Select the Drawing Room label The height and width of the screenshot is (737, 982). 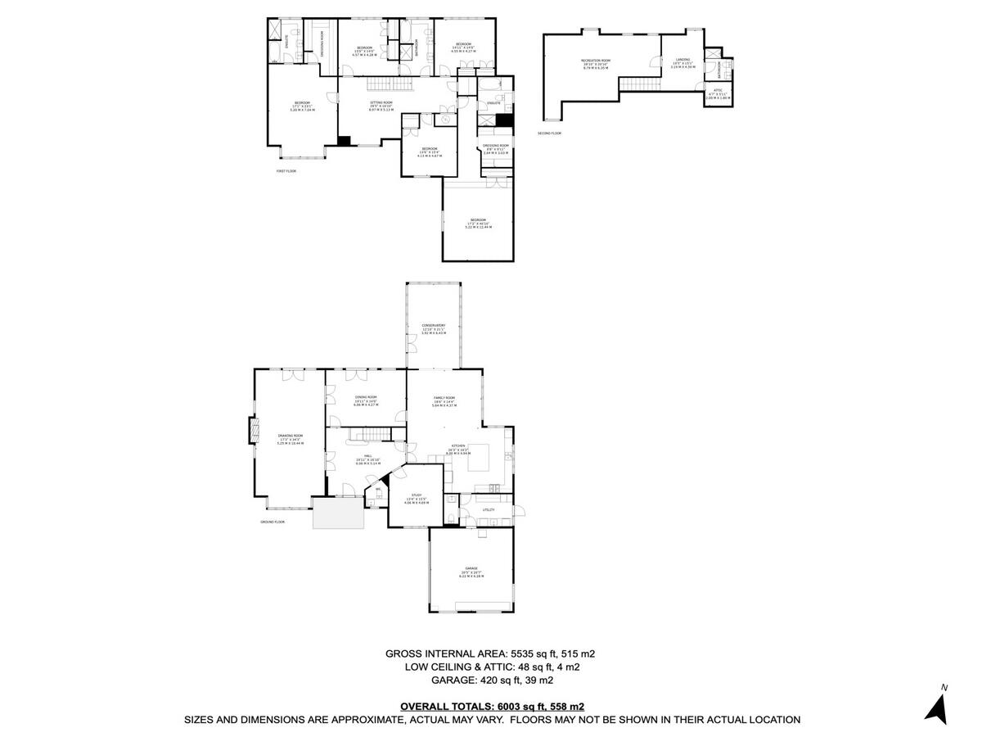click(291, 438)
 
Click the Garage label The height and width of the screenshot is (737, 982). click(471, 570)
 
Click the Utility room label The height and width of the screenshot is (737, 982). click(489, 509)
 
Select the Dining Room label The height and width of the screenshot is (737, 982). click(365, 399)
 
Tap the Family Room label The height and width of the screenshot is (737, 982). click(444, 400)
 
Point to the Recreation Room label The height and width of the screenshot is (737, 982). click(597, 64)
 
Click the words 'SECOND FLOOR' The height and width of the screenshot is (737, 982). click(549, 133)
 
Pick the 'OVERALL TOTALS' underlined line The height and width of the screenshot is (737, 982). click(492, 706)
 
